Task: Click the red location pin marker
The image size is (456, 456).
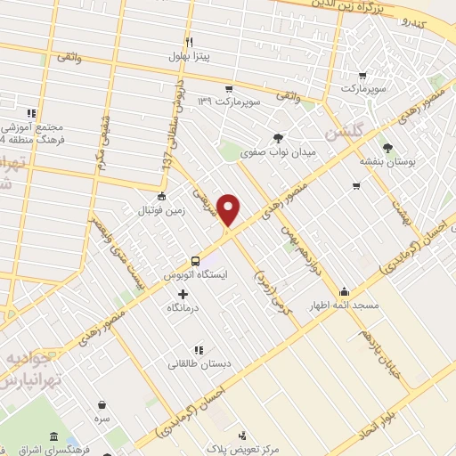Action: (x=230, y=210)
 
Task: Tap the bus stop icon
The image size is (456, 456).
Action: (x=195, y=261)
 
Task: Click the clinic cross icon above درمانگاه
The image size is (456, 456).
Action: (x=183, y=294)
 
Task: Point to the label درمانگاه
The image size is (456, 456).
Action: (x=183, y=307)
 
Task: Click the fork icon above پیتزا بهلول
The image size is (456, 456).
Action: (x=189, y=42)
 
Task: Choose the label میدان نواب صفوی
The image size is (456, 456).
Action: (x=278, y=152)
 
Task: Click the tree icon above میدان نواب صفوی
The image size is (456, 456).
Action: (x=279, y=137)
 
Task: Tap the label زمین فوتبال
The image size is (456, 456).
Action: (x=159, y=210)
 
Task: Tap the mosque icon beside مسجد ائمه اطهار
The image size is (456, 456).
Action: (x=345, y=291)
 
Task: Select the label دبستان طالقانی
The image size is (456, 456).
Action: (x=200, y=363)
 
